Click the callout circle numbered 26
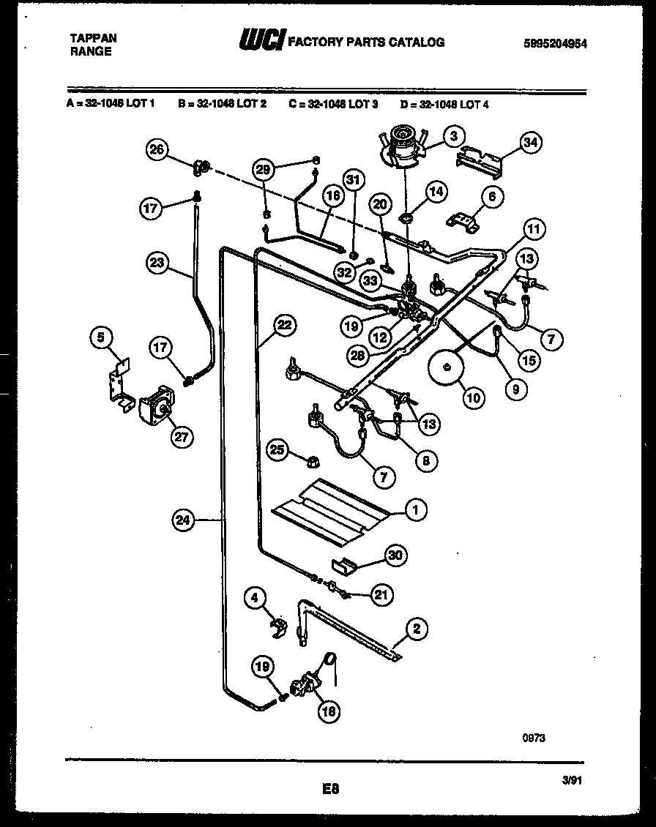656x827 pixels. pyautogui.click(x=156, y=150)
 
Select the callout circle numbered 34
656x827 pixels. pyautogui.click(x=531, y=143)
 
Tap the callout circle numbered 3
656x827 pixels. pyautogui.click(x=454, y=135)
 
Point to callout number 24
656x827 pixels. pyautogui.click(x=183, y=520)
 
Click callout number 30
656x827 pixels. pyautogui.click(x=395, y=556)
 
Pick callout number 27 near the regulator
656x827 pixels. pyautogui.click(x=179, y=437)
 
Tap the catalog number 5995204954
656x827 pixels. pyautogui.click(x=556, y=43)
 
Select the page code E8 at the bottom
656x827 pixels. pyautogui.click(x=331, y=789)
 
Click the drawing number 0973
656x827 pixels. pyautogui.click(x=534, y=738)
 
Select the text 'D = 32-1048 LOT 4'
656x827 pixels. pyautogui.click(x=444, y=104)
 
